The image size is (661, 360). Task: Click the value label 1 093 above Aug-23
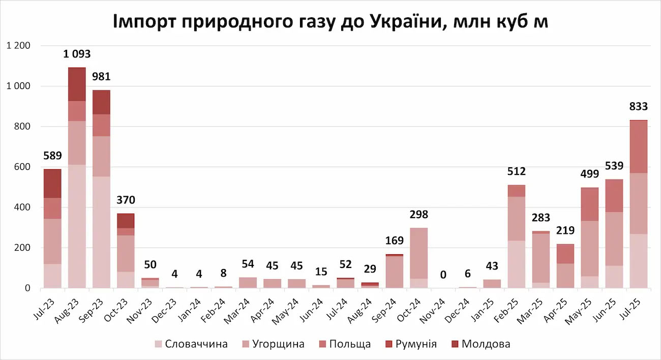(77, 54)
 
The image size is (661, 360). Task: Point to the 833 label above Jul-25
(639, 106)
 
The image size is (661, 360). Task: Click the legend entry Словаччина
(196, 344)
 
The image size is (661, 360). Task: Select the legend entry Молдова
(486, 344)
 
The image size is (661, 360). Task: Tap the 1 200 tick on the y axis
(18, 46)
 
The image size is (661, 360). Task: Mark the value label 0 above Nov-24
(443, 275)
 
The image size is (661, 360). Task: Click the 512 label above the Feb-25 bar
(517, 171)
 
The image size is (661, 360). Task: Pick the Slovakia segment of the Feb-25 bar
(517, 264)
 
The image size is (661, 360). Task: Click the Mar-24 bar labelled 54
(248, 283)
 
